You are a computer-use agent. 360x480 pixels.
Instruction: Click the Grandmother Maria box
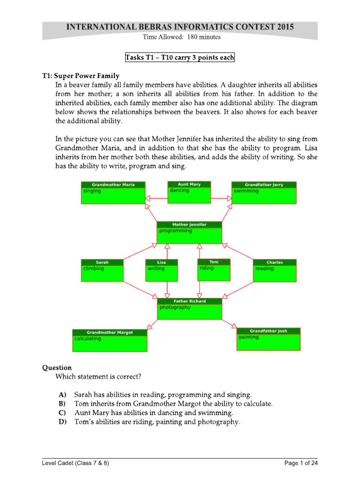pyautogui.click(x=113, y=193)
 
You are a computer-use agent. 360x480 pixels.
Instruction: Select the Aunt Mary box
pyautogui.click(x=189, y=192)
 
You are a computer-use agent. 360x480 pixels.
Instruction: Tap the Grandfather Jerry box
pyautogui.click(x=264, y=193)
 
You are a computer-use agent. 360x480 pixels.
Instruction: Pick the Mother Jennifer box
pyautogui.click(x=189, y=232)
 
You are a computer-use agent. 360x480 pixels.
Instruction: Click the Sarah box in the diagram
pyautogui.click(x=102, y=270)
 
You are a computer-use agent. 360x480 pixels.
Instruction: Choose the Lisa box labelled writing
pyautogui.click(x=162, y=270)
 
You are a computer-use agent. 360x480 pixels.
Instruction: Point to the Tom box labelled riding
pyautogui.click(x=214, y=270)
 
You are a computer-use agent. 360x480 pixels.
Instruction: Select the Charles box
pyautogui.click(x=275, y=270)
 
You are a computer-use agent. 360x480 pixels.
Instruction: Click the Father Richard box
pyautogui.click(x=189, y=308)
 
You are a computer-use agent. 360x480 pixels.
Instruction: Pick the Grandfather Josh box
pyautogui.click(x=269, y=338)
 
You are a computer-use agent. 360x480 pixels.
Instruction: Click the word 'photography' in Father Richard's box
pyautogui.click(x=175, y=307)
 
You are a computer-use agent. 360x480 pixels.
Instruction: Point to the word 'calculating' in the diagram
pyautogui.click(x=88, y=338)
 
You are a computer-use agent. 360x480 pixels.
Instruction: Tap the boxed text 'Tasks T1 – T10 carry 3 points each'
pyautogui.click(x=180, y=58)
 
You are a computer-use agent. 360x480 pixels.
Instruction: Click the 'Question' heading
pyautogui.click(x=57, y=368)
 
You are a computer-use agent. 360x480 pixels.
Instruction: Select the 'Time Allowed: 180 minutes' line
pyautogui.click(x=180, y=37)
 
